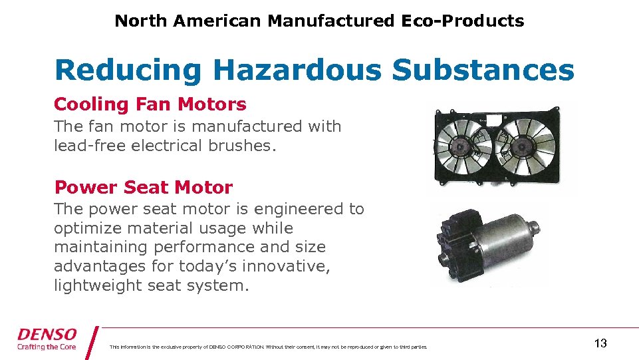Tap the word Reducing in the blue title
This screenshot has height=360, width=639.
pyautogui.click(x=128, y=70)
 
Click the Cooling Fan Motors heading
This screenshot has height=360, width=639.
pyautogui.click(x=150, y=104)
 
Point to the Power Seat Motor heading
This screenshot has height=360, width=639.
pyautogui.click(x=143, y=188)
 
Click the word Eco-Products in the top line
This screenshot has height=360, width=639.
pyautogui.click(x=463, y=21)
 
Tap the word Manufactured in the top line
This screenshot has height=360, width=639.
pyautogui.click(x=330, y=21)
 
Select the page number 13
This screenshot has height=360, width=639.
pyautogui.click(x=600, y=343)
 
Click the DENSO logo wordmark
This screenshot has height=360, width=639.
pyautogui.click(x=47, y=334)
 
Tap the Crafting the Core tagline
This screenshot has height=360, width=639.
pyautogui.click(x=47, y=347)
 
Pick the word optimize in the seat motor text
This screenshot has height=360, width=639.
pyautogui.click(x=83, y=228)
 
